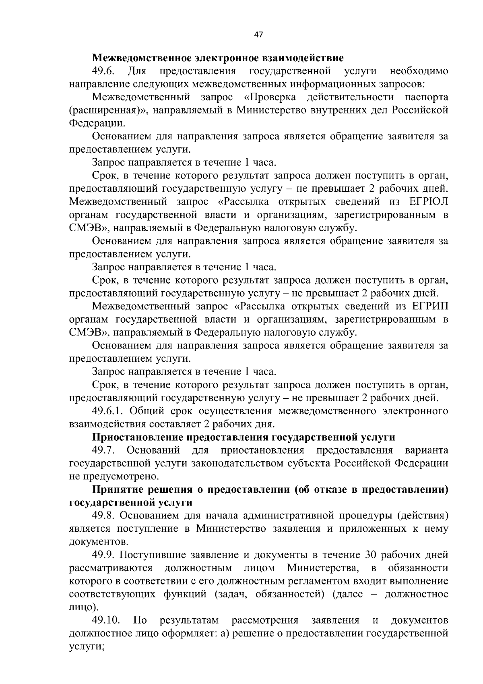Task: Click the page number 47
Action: [258, 35]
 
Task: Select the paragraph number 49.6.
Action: [103, 71]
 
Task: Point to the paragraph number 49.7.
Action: [103, 450]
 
